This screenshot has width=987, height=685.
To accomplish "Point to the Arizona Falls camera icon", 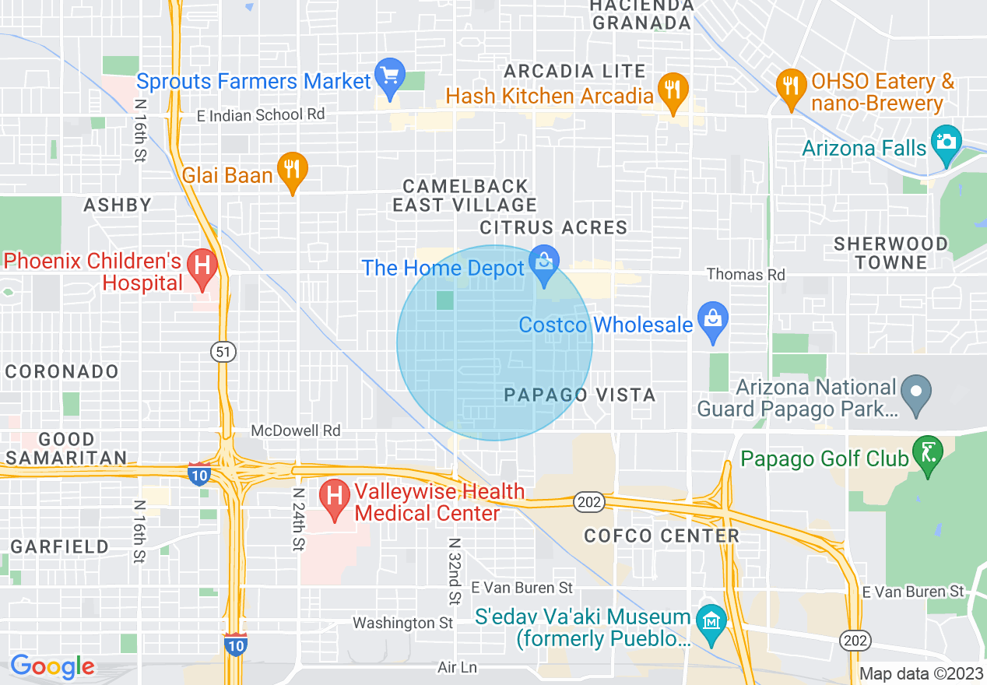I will [x=947, y=142].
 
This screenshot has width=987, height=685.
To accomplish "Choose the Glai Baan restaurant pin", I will [x=293, y=169].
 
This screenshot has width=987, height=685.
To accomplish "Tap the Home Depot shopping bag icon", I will [x=543, y=262].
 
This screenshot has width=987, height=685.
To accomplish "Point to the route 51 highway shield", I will [x=223, y=352].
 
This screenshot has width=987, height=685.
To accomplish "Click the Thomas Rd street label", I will [x=746, y=275].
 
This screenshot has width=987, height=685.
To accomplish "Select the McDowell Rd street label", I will [x=296, y=430].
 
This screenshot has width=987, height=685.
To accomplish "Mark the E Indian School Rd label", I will [x=260, y=114].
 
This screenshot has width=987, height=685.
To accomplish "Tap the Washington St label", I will [x=402, y=623].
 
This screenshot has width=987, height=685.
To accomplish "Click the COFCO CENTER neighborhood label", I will [x=662, y=536].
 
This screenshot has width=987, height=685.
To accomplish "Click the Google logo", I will [x=52, y=666].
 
